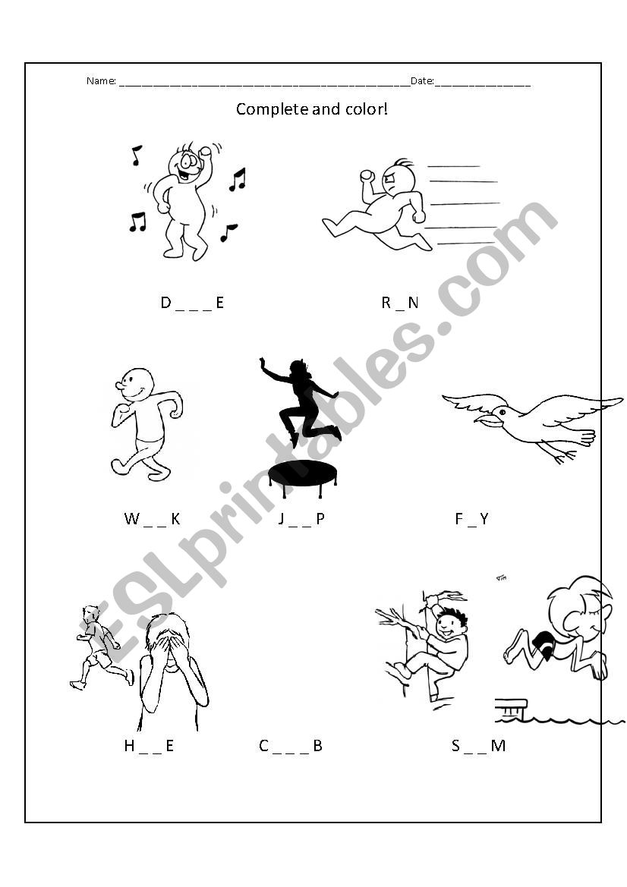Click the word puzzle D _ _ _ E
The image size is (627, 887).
pyautogui.click(x=192, y=303)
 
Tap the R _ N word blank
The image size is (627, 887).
pyautogui.click(x=400, y=303)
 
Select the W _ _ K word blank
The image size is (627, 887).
pyautogui.click(x=152, y=519)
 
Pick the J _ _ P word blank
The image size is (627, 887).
pyautogui.click(x=301, y=519)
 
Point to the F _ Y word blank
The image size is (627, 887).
pyautogui.click(x=471, y=519)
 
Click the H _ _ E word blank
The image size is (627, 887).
pyautogui.click(x=149, y=746)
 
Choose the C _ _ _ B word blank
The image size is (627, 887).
pyautogui.click(x=291, y=746)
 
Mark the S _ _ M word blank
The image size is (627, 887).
pyautogui.click(x=478, y=746)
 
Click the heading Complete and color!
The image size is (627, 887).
pyautogui.click(x=312, y=109)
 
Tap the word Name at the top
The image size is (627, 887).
pyautogui.click(x=100, y=81)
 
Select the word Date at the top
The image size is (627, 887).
pyautogui.click(x=421, y=81)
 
